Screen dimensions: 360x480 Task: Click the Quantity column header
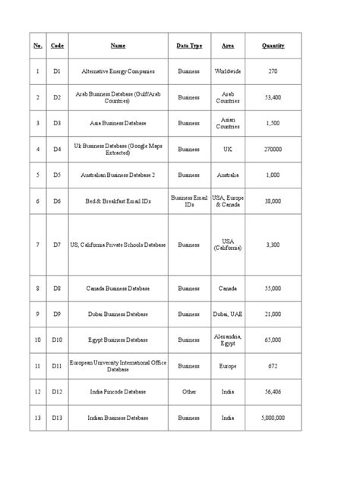[x=273, y=46]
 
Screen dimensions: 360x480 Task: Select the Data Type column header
[x=189, y=46]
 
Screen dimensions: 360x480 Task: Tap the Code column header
[x=57, y=46]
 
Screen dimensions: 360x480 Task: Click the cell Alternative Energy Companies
[x=118, y=71]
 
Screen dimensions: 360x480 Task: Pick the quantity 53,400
[x=273, y=97]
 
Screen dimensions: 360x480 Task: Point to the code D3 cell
[x=57, y=123]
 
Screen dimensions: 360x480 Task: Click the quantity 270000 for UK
[x=273, y=150]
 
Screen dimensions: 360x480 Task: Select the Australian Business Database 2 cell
[x=118, y=175]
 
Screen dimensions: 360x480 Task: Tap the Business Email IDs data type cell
[x=189, y=201]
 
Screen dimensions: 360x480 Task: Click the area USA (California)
[x=228, y=245]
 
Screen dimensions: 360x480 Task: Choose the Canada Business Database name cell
[x=118, y=289]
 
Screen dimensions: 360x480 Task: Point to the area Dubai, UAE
[x=228, y=314]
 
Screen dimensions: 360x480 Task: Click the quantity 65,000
[x=273, y=339]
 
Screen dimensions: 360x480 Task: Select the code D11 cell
[x=57, y=365]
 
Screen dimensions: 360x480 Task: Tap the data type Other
[x=189, y=392]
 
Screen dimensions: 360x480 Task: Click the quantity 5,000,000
[x=273, y=418]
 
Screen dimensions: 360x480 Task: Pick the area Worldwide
[x=228, y=71]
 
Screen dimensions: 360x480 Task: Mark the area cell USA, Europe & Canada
[x=228, y=201]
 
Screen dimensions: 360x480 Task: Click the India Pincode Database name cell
[x=118, y=392]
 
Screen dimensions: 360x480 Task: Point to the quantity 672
[x=273, y=365]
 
